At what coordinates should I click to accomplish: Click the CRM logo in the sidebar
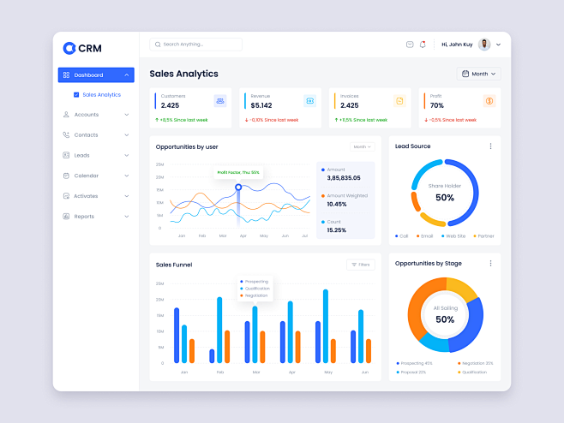coord(82,48)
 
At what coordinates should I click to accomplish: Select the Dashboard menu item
coord(95,75)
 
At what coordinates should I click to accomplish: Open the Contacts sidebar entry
coord(86,135)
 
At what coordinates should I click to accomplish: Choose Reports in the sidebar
coord(84,217)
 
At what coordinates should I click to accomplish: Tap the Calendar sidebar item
coord(86,176)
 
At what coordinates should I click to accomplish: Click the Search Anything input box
coord(195,45)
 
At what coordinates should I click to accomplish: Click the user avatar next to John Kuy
coord(484,45)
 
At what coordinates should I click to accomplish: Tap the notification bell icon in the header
coord(423,45)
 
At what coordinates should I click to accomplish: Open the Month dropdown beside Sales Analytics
coord(479,74)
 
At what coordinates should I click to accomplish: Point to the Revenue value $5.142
coord(261,105)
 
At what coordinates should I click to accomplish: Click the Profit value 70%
coord(436,105)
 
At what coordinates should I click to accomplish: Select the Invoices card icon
coord(399,101)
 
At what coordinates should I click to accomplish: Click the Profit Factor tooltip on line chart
coord(238,172)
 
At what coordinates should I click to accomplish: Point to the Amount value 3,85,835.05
coord(344,178)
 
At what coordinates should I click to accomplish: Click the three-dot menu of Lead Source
coord(490,146)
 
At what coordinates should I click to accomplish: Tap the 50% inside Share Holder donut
coord(444,198)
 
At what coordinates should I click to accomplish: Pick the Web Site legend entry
coord(453,235)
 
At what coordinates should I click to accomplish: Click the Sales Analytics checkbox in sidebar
coord(77,95)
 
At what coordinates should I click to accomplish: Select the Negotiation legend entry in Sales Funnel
coord(256,295)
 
